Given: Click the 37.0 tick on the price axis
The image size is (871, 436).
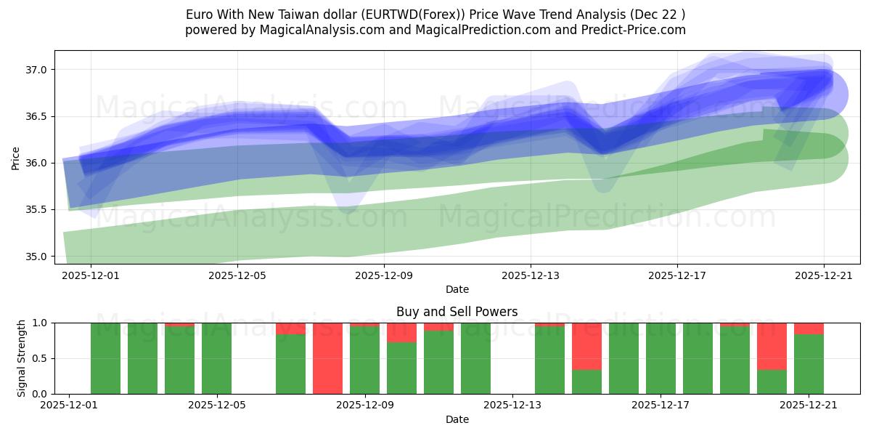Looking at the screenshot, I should (37, 70).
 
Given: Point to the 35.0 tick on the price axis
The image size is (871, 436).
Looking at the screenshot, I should (37, 257).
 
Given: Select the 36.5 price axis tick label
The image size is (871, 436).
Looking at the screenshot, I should (37, 116).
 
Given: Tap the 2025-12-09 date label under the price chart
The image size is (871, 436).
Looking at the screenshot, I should (384, 275).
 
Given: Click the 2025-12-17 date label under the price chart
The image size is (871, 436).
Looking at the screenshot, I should (677, 275).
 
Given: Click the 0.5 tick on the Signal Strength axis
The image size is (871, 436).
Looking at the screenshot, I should (41, 358).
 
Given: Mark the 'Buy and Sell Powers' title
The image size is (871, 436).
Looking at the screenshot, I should (457, 312).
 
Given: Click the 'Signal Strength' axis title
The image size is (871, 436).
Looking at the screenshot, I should (21, 358).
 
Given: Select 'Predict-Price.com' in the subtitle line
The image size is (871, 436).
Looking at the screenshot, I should (637, 30).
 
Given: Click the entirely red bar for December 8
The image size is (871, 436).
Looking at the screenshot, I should (327, 358).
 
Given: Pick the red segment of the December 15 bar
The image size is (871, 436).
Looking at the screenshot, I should (586, 346).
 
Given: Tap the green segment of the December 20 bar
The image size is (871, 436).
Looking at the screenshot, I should (772, 381).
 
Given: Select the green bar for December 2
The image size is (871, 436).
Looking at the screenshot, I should (105, 358).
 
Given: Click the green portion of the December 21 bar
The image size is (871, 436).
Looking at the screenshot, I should (809, 363).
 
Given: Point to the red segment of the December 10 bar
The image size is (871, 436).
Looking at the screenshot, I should (401, 332).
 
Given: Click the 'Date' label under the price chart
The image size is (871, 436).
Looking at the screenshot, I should (457, 289).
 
